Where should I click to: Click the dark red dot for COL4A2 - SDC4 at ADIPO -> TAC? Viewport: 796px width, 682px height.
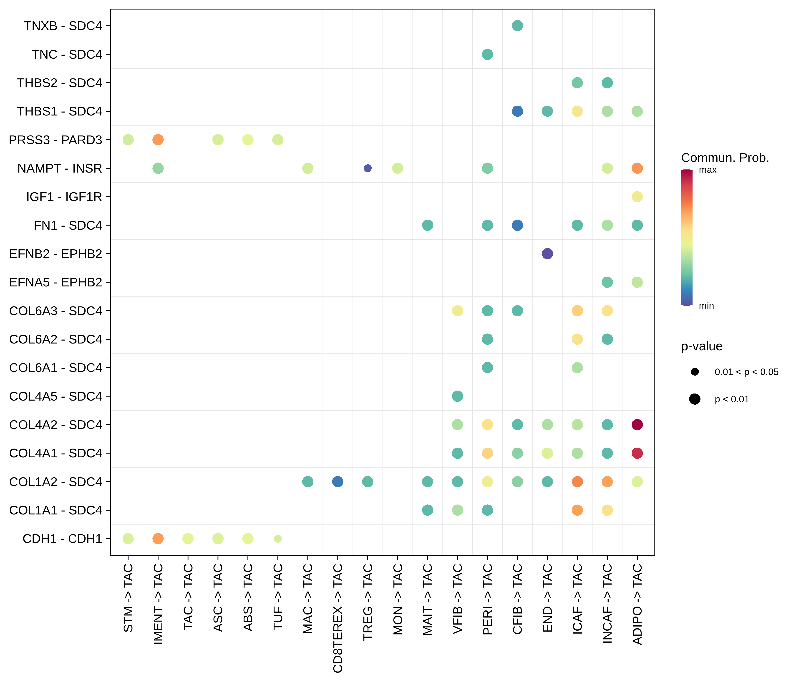[637, 425]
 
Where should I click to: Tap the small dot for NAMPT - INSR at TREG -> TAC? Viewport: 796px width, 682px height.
[368, 168]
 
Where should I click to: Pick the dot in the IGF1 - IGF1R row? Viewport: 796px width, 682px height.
[637, 197]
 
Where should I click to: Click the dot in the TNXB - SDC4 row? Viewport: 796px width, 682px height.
[517, 26]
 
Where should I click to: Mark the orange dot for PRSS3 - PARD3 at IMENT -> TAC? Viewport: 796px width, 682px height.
[158, 140]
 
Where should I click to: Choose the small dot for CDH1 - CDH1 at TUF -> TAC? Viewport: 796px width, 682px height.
[278, 539]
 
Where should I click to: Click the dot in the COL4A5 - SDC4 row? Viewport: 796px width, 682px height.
[457, 396]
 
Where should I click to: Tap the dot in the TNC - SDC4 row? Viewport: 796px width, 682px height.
[487, 54]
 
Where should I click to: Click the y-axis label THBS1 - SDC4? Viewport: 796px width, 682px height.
[60, 111]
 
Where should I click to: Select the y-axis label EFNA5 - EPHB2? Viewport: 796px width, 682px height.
[56, 282]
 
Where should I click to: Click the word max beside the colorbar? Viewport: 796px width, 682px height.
[708, 170]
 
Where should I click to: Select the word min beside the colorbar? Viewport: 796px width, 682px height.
[706, 306]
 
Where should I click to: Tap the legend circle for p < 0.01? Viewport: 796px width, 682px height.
[695, 399]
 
